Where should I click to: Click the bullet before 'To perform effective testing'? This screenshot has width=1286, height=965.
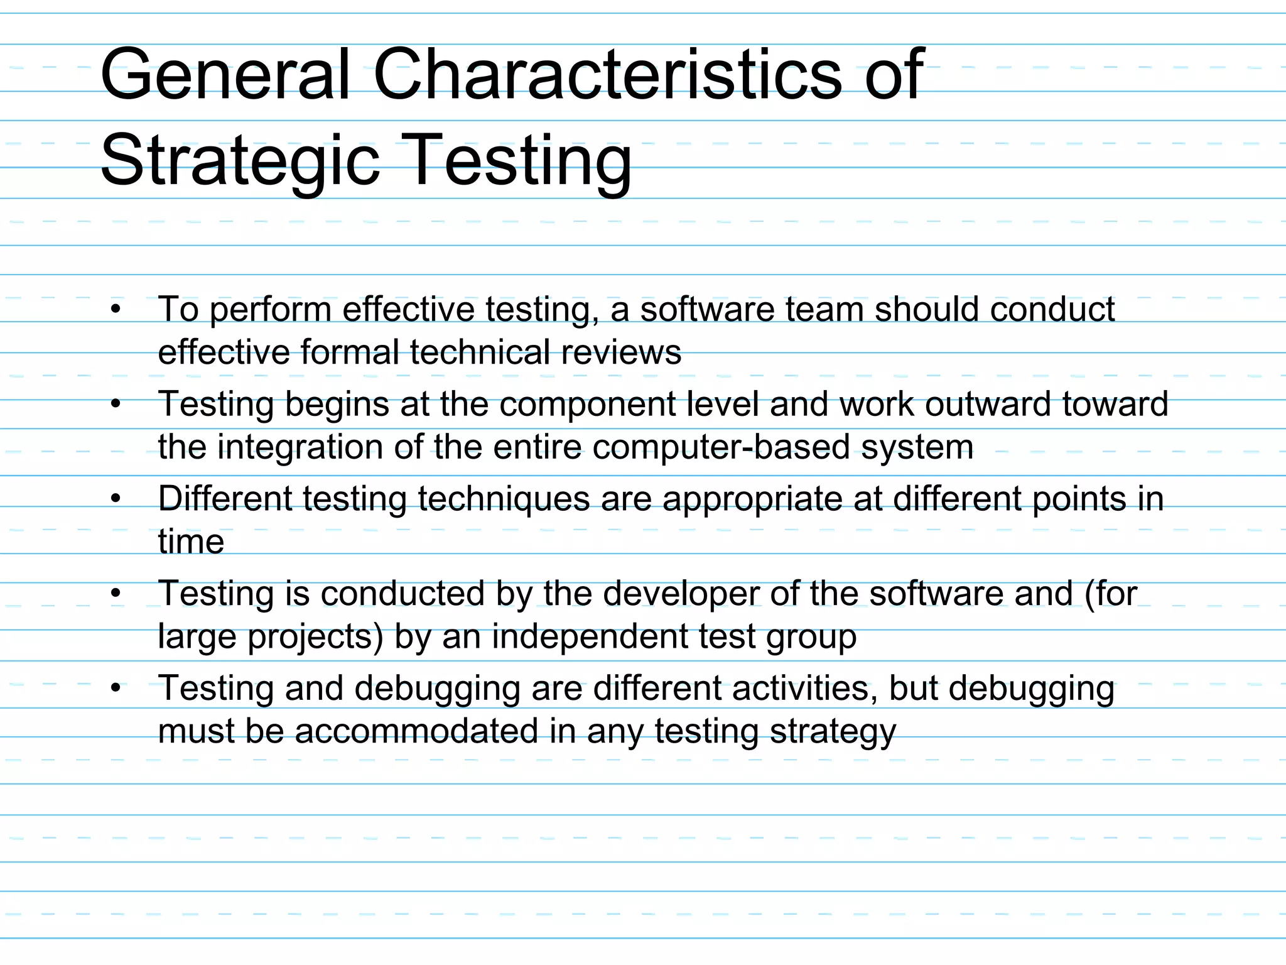click(116, 309)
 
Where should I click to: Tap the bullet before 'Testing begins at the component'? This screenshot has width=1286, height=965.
click(116, 404)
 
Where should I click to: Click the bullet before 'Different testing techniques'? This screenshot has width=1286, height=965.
click(116, 499)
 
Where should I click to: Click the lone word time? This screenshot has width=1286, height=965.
click(191, 542)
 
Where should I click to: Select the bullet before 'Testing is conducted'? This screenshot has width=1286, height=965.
click(116, 594)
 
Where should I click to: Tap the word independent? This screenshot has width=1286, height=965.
click(590, 636)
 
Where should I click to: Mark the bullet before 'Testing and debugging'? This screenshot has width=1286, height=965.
click(116, 689)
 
